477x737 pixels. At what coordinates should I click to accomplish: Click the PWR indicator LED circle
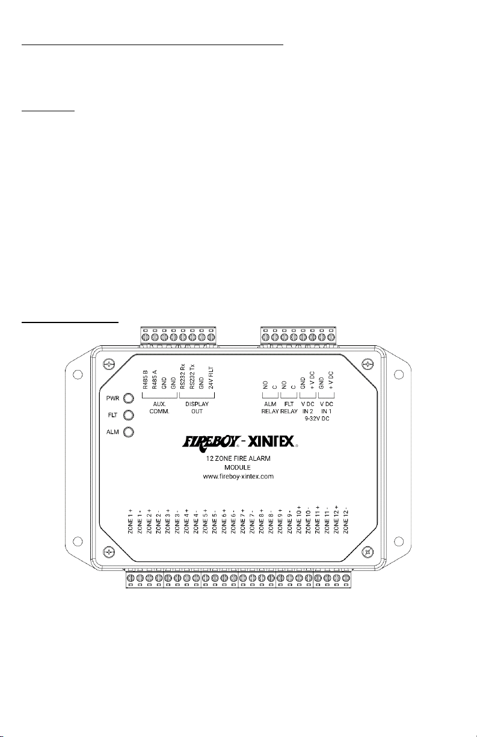[129, 398]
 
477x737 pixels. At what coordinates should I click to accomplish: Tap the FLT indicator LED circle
[129, 415]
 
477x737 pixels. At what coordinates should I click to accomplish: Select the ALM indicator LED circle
[129, 432]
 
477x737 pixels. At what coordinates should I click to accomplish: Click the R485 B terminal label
[146, 380]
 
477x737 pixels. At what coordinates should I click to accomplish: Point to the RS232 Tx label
[192, 377]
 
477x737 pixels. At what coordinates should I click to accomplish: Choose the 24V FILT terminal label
[211, 378]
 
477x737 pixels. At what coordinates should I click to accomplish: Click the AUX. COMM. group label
[159, 407]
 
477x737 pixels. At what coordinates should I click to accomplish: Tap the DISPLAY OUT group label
[197, 407]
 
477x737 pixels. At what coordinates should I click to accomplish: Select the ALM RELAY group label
[270, 407]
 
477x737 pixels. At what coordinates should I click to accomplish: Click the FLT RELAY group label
[289, 407]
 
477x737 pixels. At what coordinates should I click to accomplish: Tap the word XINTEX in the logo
[271, 441]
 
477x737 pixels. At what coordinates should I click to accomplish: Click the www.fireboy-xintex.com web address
[238, 476]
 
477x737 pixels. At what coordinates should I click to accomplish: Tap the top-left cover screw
[108, 363]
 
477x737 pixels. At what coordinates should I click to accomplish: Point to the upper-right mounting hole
[399, 374]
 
